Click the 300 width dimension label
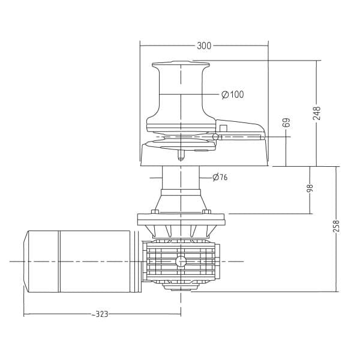(204, 46)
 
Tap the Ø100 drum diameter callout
(233, 94)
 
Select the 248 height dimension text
(317, 113)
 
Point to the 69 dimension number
(286, 122)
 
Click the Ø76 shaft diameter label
(220, 177)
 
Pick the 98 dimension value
(310, 188)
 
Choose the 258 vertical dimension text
(336, 226)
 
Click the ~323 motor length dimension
(100, 314)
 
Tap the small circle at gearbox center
(181, 261)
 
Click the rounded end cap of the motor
(26, 261)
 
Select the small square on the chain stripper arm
(223, 128)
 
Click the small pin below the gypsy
(181, 155)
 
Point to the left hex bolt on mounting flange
(155, 211)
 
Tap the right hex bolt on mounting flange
(206, 211)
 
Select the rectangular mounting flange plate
(181, 220)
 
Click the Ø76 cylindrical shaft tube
(181, 178)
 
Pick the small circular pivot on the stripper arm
(215, 137)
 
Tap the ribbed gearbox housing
(181, 262)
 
